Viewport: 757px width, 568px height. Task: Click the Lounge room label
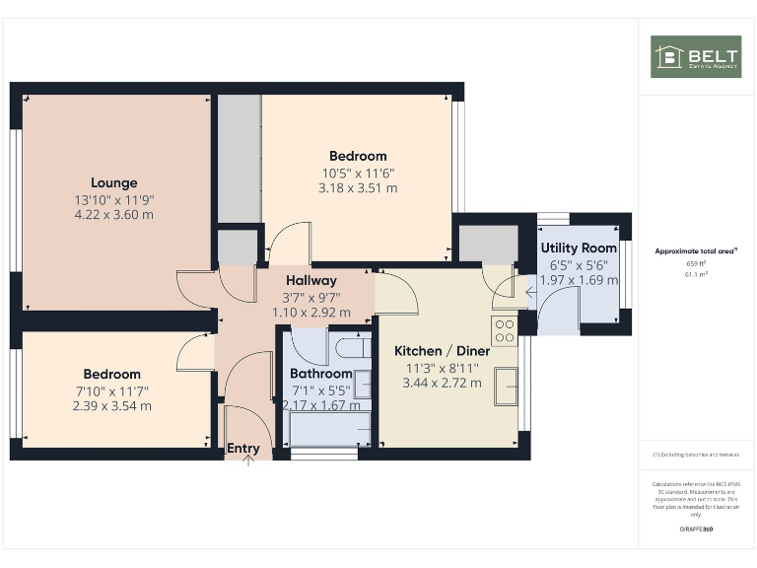click(x=114, y=182)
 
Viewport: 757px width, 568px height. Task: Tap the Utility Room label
click(x=579, y=248)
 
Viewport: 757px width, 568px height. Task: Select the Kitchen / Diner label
click(x=436, y=351)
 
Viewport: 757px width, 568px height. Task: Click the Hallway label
click(x=311, y=281)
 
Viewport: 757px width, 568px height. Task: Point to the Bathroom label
click(x=320, y=374)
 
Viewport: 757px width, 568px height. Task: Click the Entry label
click(x=243, y=449)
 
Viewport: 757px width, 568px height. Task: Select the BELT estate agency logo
click(x=696, y=57)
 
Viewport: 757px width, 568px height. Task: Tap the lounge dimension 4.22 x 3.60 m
click(x=114, y=214)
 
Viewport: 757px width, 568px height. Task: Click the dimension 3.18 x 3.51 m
click(x=358, y=187)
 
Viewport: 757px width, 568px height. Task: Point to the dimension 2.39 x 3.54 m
click(x=111, y=405)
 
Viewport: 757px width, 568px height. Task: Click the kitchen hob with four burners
click(x=505, y=330)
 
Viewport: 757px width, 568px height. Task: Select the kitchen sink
click(x=506, y=386)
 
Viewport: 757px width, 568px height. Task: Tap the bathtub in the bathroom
click(x=330, y=430)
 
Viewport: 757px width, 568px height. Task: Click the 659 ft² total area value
click(x=696, y=263)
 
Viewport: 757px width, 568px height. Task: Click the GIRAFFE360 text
click(x=696, y=530)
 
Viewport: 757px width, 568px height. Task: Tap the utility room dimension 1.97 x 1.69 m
click(x=579, y=280)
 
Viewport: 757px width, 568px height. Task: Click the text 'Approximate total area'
click(x=695, y=251)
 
